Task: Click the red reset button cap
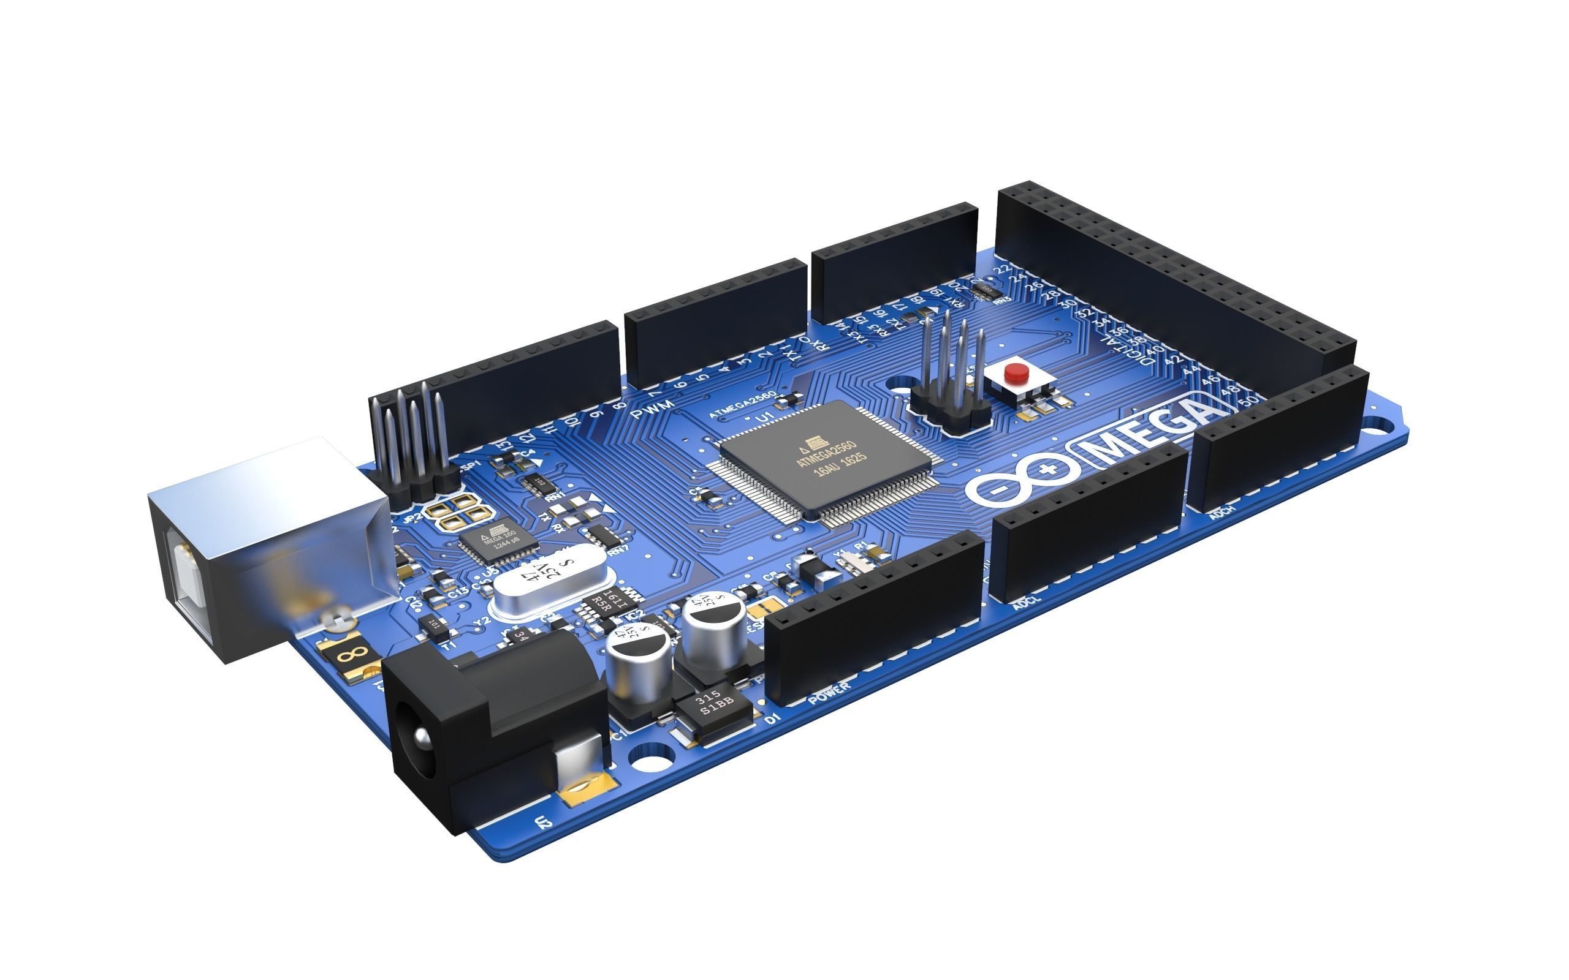(x=1016, y=372)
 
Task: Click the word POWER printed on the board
(x=829, y=693)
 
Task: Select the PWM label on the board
(x=652, y=409)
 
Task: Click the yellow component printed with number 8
(x=354, y=654)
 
